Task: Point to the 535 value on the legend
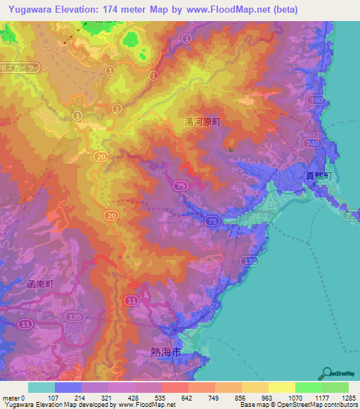coord(140,398)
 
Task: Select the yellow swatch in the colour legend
coord(281,387)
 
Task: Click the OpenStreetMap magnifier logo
coord(326,374)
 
